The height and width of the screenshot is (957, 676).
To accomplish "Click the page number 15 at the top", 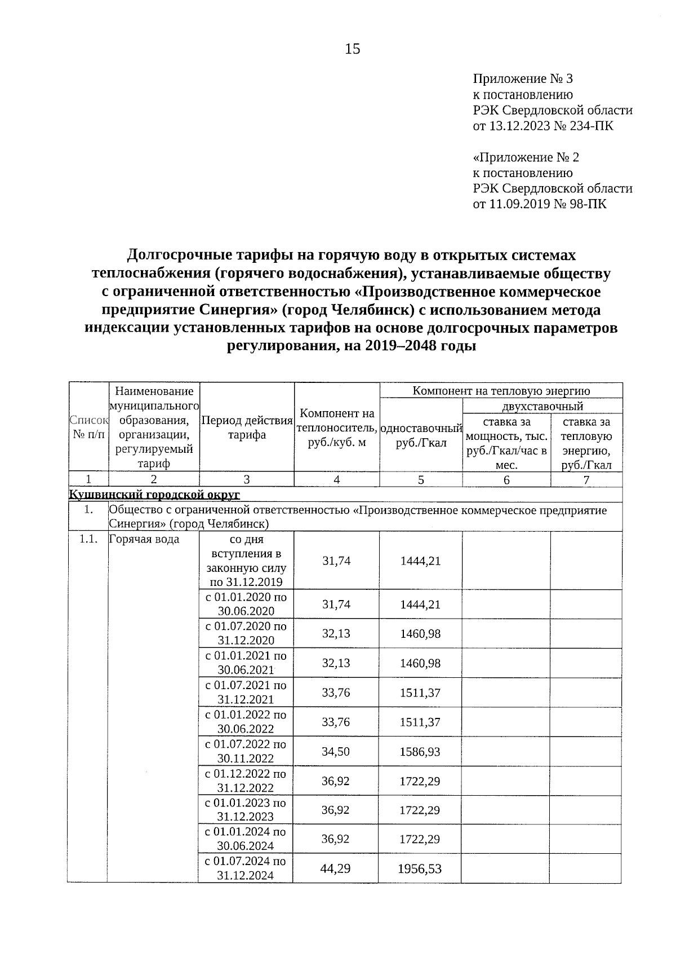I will (x=352, y=50).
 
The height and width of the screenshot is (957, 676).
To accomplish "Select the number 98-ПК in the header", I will (x=588, y=204).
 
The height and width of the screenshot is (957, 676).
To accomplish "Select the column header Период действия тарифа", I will (x=247, y=427).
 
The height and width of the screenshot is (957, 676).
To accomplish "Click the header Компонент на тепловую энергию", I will (x=501, y=391).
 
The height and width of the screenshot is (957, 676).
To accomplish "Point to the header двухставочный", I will (x=542, y=406).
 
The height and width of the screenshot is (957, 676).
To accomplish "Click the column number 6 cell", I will (x=506, y=480).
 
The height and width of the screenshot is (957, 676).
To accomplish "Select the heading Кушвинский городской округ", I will (x=154, y=495).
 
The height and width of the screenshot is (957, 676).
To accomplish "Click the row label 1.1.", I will (x=87, y=539).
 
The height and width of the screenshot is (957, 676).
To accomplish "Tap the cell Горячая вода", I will (x=144, y=539).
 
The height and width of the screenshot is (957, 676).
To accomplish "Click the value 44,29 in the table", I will (x=335, y=868).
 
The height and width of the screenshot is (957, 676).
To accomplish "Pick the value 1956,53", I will (x=420, y=868).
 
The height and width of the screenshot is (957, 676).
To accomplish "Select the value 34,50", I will (x=336, y=752).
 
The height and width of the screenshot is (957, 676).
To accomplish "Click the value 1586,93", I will (x=420, y=752).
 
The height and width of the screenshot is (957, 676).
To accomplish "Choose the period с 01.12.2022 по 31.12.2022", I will (x=246, y=780).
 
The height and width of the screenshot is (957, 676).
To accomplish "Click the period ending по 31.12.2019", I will (x=246, y=582).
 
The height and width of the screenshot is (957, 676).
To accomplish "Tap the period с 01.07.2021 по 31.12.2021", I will (x=246, y=692).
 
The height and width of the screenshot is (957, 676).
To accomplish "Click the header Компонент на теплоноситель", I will (x=336, y=428).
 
